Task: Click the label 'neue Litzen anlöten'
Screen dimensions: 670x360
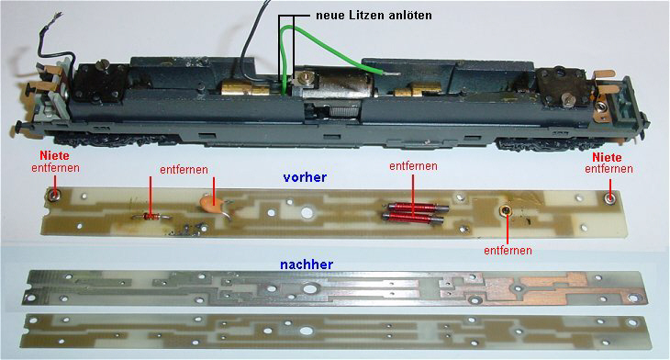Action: tap(374, 16)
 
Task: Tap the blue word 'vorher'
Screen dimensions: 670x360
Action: tap(305, 177)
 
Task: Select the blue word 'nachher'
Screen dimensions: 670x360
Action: tap(307, 264)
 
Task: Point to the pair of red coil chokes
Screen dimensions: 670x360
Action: tap(414, 211)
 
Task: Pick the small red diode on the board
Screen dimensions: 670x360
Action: tap(150, 217)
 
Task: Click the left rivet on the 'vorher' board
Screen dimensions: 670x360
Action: tap(55, 196)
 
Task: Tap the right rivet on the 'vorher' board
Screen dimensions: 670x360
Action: tap(610, 197)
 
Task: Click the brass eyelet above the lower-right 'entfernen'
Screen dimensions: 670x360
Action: tap(506, 210)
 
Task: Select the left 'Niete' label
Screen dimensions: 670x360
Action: tap(54, 155)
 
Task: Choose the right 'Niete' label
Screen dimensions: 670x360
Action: tap(607, 157)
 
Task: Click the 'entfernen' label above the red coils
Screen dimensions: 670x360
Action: tap(413, 166)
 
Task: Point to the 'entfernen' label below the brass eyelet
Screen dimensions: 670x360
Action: tap(508, 250)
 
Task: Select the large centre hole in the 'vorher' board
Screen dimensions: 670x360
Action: tap(307, 212)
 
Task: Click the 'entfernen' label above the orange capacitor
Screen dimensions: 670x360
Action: tap(184, 170)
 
